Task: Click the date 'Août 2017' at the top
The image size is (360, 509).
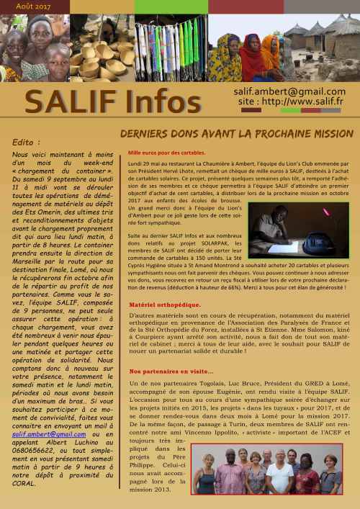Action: [x=24, y=6]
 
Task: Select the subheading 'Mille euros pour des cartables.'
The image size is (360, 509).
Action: [x=166, y=153]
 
